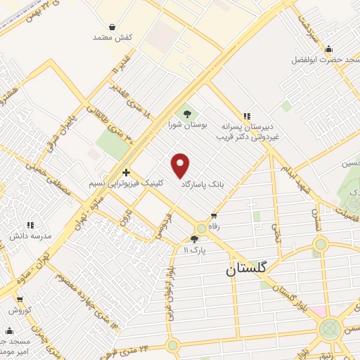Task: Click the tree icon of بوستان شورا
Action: [187, 112]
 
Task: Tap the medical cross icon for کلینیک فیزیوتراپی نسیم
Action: [125, 172]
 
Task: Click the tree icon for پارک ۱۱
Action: [195, 239]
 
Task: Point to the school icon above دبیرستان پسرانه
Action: [246, 116]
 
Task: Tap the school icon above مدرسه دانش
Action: [30, 226]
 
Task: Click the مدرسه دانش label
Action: [30, 237]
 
